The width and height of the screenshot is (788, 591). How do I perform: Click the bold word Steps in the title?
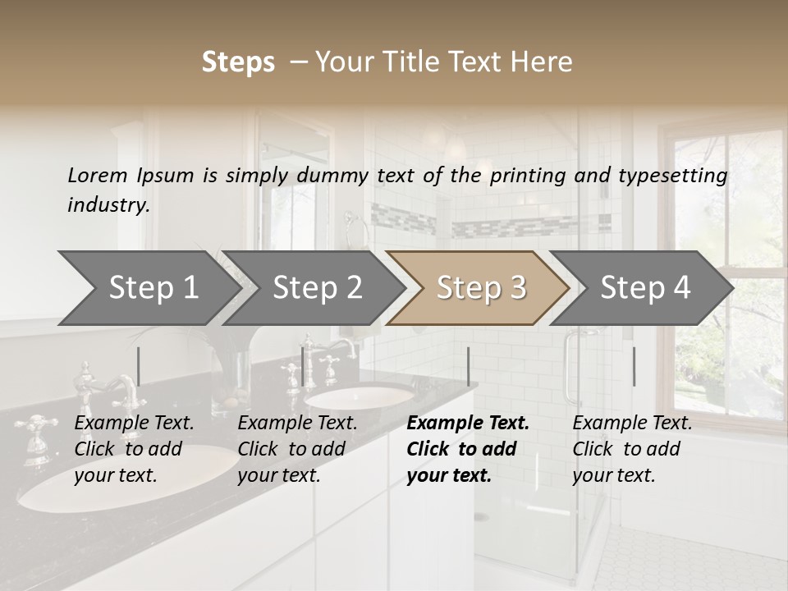click(x=238, y=62)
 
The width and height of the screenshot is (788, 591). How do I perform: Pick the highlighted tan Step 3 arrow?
click(x=481, y=288)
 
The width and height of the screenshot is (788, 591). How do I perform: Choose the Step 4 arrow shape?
click(x=645, y=288)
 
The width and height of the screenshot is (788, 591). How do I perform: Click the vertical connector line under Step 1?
click(x=138, y=366)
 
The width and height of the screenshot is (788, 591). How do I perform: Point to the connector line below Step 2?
click(x=303, y=366)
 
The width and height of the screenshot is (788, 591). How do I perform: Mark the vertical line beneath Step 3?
click(x=468, y=366)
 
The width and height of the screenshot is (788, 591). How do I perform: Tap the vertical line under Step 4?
click(x=634, y=366)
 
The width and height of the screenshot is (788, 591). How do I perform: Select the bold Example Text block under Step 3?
click(x=468, y=449)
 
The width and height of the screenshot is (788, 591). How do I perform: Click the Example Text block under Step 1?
click(x=134, y=449)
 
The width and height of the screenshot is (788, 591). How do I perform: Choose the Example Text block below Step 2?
click(x=297, y=449)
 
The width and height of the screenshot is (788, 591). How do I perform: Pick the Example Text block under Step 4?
click(x=632, y=449)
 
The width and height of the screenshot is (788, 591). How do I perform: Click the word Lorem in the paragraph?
click(x=98, y=176)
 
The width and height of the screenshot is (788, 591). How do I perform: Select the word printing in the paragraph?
click(x=528, y=176)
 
